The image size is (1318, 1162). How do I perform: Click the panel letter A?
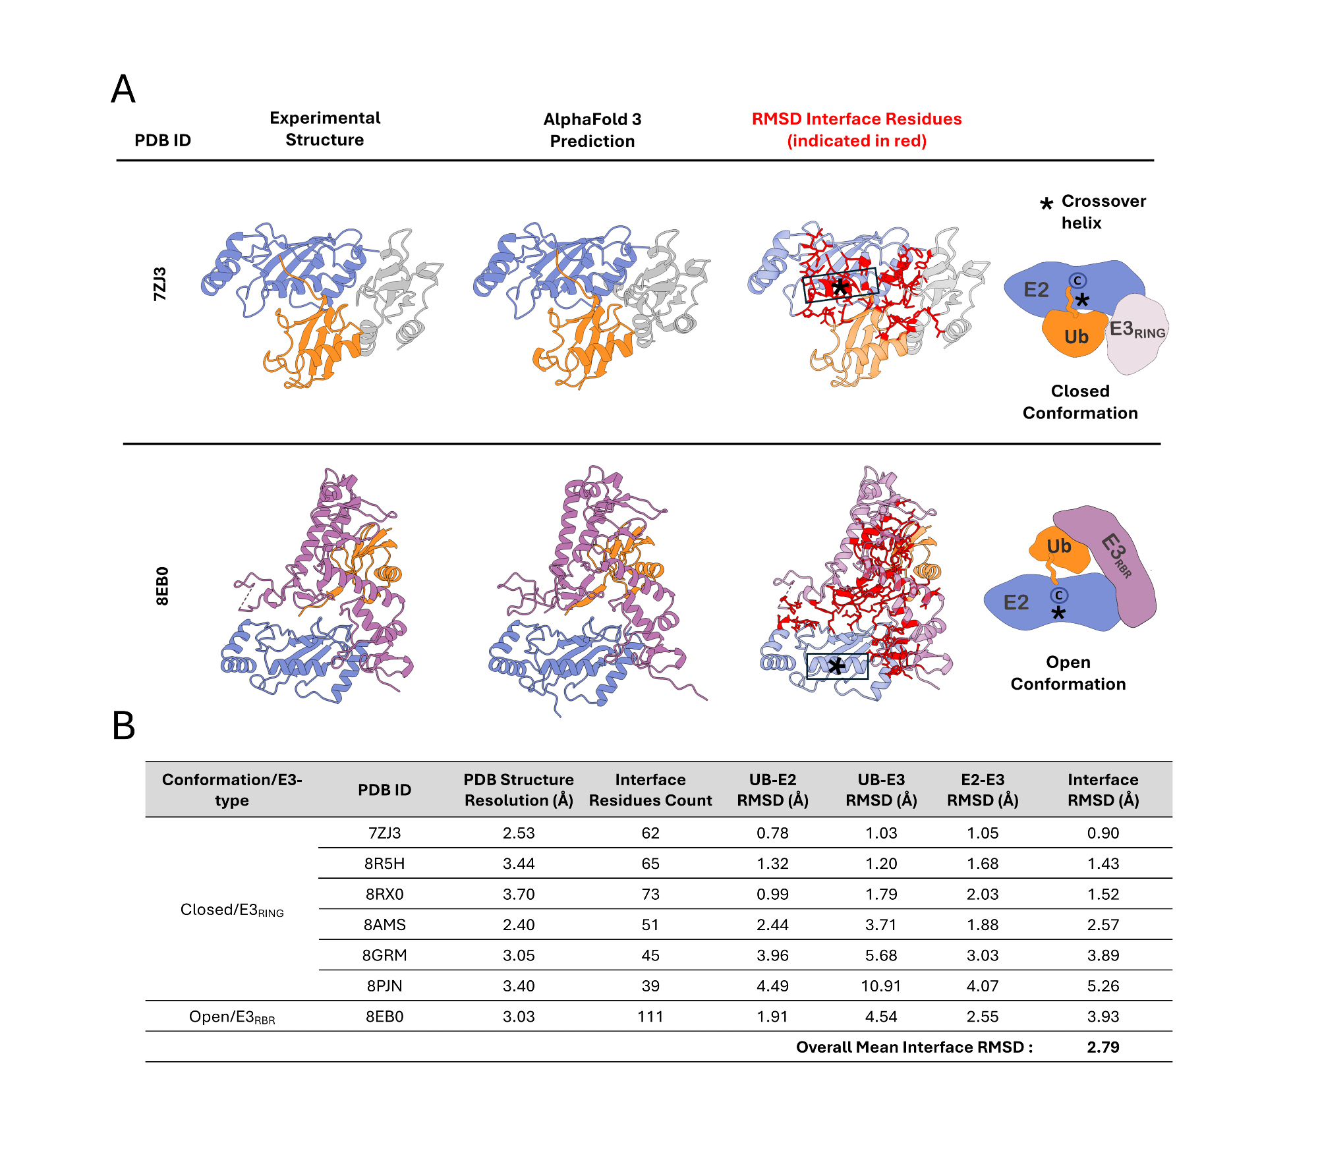pos(123,90)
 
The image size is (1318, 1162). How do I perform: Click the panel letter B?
pos(124,725)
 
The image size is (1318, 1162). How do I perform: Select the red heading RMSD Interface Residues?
pos(856,119)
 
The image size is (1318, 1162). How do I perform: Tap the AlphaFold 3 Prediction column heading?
pos(592,130)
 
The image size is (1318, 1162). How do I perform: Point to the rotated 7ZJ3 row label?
pos(160,284)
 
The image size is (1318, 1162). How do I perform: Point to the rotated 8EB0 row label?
pos(162,586)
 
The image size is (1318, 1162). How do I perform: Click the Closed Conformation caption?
pos(1080,402)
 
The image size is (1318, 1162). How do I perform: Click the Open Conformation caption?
pos(1068,673)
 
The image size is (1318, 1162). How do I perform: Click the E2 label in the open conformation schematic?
pos(1016,602)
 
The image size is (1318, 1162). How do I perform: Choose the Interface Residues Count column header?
pos(650,789)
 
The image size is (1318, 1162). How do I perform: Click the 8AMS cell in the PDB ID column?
pos(384,924)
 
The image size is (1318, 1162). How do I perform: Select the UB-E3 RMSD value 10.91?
pos(880,985)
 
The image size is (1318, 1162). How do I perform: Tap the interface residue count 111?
pos(650,1016)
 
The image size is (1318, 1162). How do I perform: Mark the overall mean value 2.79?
pos(1103,1047)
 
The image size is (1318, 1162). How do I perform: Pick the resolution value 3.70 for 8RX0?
pos(518,894)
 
